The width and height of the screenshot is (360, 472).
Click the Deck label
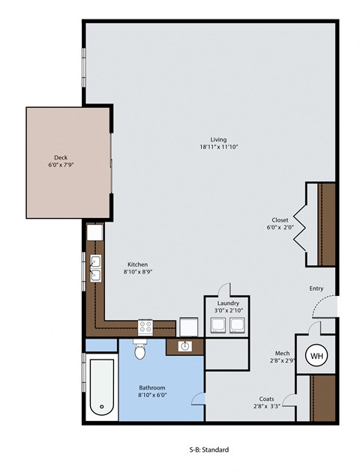coord(61,157)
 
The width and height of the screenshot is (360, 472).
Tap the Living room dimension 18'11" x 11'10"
coord(218,147)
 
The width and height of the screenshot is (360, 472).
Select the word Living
coord(218,139)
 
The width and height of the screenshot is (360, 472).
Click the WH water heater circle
coord(316,355)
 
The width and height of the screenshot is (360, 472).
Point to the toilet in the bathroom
coord(139,350)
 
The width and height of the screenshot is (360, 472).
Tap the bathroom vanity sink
coord(184,346)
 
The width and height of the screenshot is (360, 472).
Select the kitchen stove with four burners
coord(146,327)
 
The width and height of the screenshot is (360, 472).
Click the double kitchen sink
coord(96,267)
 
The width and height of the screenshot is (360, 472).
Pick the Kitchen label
coord(137,264)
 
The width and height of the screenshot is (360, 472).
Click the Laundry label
coord(227,301)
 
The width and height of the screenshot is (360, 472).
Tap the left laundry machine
coord(217,324)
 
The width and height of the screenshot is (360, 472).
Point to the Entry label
coord(316,288)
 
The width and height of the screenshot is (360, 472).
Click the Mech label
coord(282,352)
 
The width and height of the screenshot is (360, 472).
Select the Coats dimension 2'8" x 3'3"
coord(266,407)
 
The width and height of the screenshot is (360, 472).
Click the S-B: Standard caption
coord(208,450)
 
